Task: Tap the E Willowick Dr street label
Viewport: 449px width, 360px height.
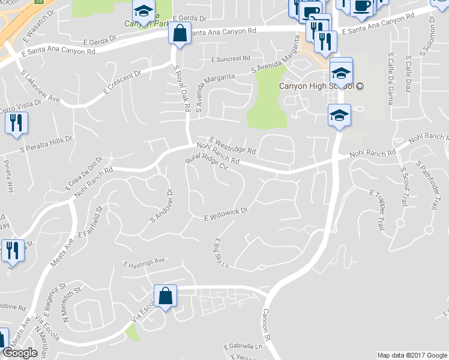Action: click(226, 214)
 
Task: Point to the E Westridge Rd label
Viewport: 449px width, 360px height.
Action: click(234, 144)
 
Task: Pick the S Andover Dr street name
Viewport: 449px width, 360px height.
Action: click(161, 207)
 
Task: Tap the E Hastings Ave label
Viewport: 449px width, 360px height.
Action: click(144, 262)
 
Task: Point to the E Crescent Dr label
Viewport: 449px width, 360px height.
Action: click(122, 82)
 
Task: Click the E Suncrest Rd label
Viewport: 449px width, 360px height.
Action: click(231, 59)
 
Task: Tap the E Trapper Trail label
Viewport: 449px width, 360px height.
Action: click(377, 210)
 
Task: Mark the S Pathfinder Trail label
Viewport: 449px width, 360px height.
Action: click(424, 185)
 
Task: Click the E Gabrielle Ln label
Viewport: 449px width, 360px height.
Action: click(243, 347)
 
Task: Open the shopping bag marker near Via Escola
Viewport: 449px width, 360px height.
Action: click(164, 295)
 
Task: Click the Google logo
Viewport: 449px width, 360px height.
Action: click(20, 353)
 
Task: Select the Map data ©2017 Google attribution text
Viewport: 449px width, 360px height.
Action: click(412, 355)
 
